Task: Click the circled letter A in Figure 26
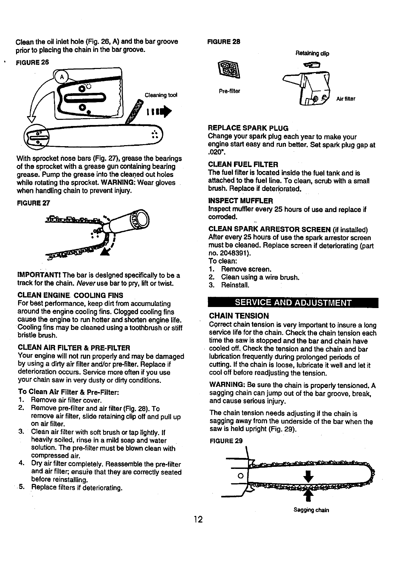pyautogui.click(x=62, y=77)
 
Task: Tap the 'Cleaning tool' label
pyautogui.click(x=161, y=95)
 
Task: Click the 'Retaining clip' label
pyautogui.click(x=312, y=54)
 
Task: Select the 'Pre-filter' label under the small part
pyautogui.click(x=230, y=91)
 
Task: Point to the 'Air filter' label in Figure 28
pyautogui.click(x=346, y=99)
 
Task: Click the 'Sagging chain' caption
pyautogui.click(x=311, y=510)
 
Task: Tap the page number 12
pyautogui.click(x=198, y=520)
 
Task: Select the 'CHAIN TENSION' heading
pyautogui.click(x=239, y=316)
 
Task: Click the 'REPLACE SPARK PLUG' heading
pyautogui.click(x=248, y=128)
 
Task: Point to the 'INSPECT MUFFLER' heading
pyautogui.click(x=240, y=200)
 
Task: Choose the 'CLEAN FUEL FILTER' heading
pyautogui.click(x=243, y=165)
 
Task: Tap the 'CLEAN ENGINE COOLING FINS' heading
pyautogui.click(x=70, y=295)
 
